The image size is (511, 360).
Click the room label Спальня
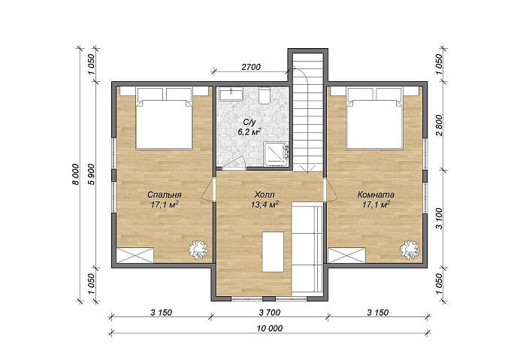click(164, 195)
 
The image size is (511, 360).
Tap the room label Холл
click(265, 195)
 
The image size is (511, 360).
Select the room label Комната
click(376, 195)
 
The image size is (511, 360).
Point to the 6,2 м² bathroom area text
click(249, 132)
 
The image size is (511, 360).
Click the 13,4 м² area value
click(265, 204)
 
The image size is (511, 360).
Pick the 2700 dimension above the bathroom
click(251, 67)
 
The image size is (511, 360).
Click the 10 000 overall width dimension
click(270, 328)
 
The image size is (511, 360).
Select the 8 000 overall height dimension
click(75, 174)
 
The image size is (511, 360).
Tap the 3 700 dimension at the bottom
click(270, 313)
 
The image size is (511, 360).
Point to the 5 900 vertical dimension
click(92, 174)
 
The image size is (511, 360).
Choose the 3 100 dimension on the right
click(440, 219)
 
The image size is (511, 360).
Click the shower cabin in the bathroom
click(276, 154)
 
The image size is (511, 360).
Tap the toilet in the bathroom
click(265, 95)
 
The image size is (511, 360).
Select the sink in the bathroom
click(231, 94)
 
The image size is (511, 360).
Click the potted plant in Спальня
click(198, 250)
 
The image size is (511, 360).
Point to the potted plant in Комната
click(410, 250)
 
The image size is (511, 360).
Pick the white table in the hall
click(273, 252)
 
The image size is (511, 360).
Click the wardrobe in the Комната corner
click(346, 255)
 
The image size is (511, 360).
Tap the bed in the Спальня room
click(165, 118)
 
